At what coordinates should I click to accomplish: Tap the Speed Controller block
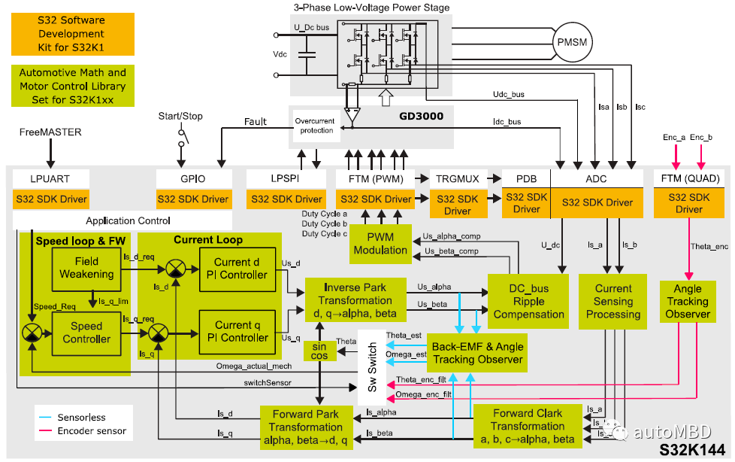(86, 333)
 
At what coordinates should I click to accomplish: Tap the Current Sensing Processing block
(613, 301)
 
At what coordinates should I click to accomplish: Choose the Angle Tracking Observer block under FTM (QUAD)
(687, 301)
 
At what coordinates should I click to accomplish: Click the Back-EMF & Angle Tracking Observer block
(476, 353)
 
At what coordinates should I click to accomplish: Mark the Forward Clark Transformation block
(528, 426)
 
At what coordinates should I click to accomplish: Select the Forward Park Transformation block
(306, 426)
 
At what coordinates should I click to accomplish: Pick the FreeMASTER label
(50, 132)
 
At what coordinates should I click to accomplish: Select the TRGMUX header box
(452, 178)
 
